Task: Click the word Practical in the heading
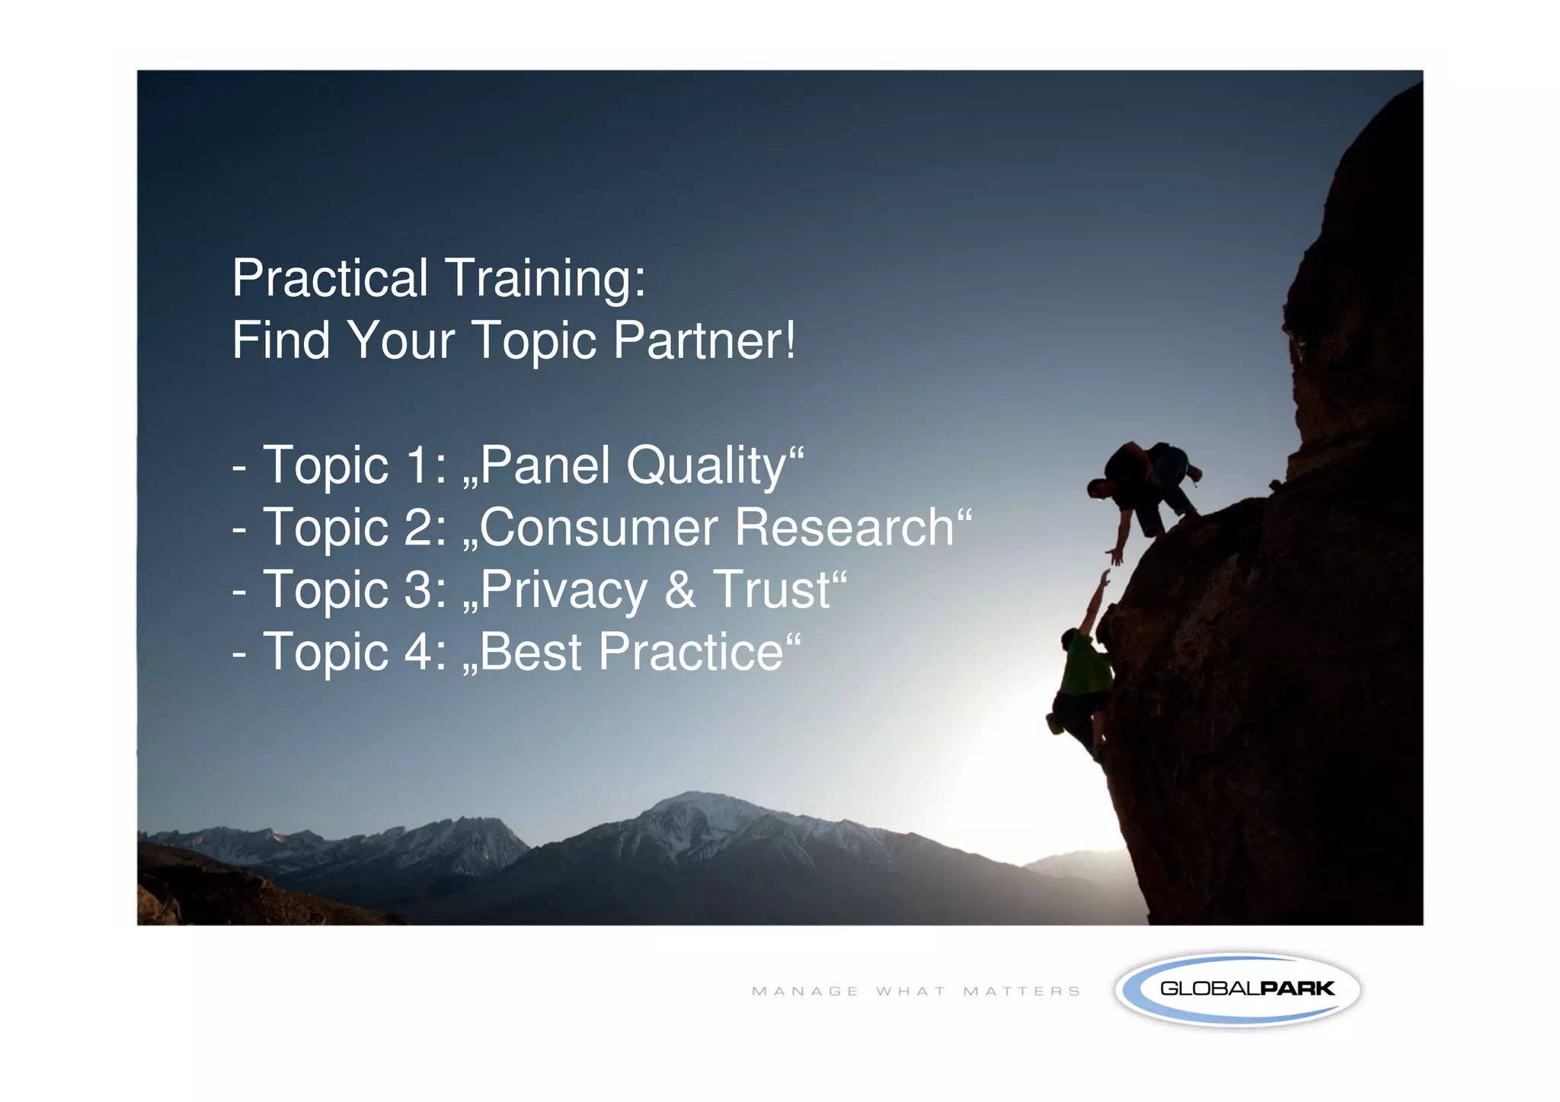pyautogui.click(x=329, y=278)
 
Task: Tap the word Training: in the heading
pyautogui.click(x=545, y=279)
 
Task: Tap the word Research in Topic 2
pyautogui.click(x=844, y=527)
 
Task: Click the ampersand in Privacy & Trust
pyautogui.click(x=679, y=589)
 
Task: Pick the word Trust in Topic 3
pyautogui.click(x=772, y=589)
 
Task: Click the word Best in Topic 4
pyautogui.click(x=530, y=652)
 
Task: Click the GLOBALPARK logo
pyautogui.click(x=1238, y=989)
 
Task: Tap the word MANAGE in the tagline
pyautogui.click(x=805, y=992)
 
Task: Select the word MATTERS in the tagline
pyautogui.click(x=1021, y=992)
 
